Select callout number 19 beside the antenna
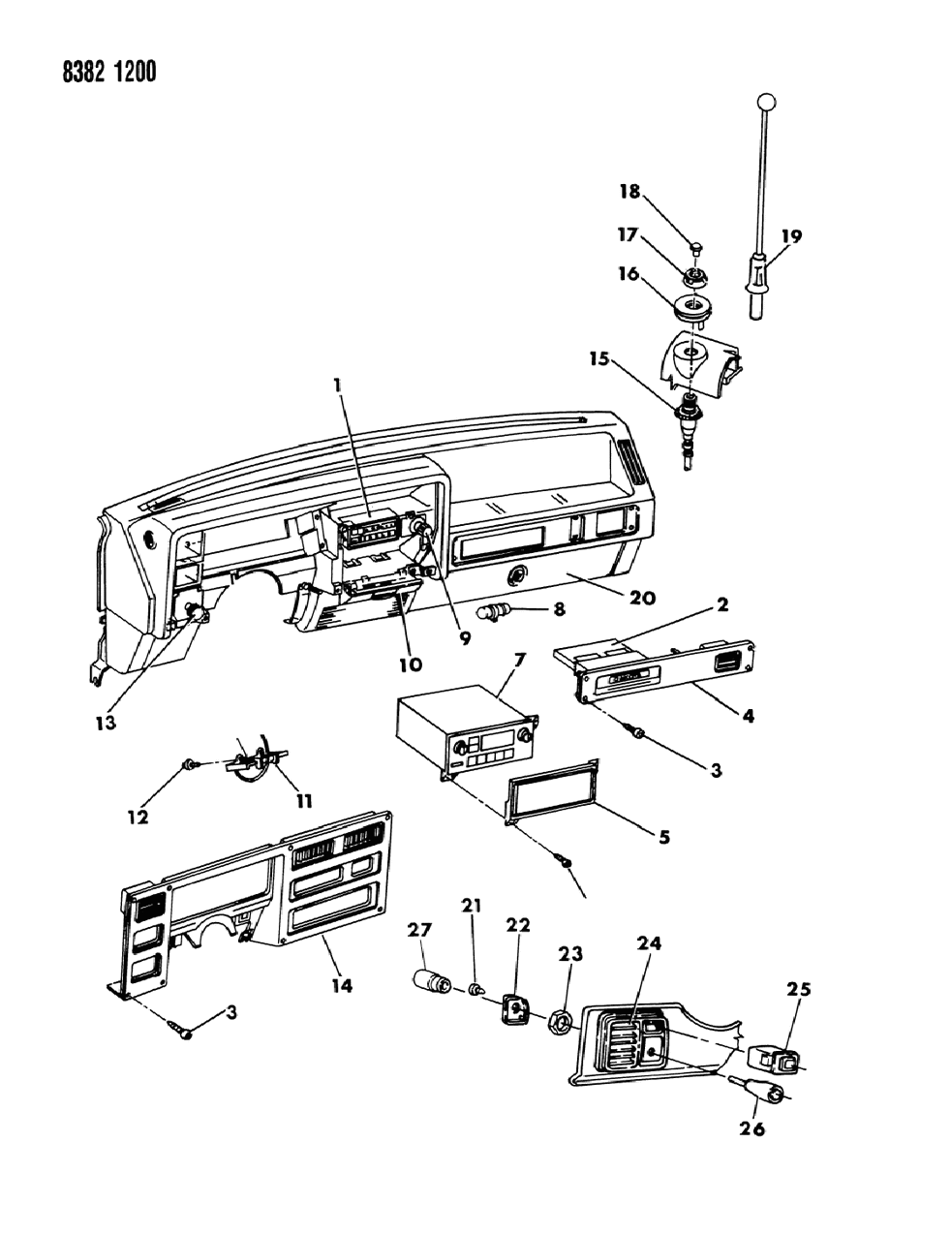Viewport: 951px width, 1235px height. coord(792,235)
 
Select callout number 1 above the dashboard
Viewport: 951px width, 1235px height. coord(337,385)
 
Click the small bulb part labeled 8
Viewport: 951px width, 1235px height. coord(493,611)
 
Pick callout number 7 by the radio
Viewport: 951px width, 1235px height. coord(519,661)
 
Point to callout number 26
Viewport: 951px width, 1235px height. coord(752,1128)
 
